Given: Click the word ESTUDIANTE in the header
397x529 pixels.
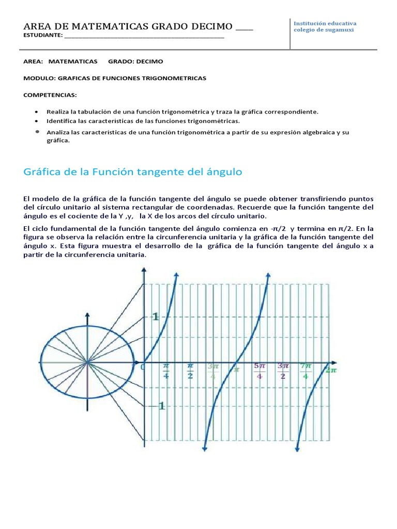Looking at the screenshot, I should tap(43, 36).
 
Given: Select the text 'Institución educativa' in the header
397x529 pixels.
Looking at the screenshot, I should tap(325, 23).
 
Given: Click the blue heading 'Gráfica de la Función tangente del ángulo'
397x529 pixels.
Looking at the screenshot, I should tap(133, 172).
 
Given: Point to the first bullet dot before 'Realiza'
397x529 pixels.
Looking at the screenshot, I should tap(36, 112).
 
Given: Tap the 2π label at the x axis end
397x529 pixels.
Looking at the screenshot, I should tap(331, 369).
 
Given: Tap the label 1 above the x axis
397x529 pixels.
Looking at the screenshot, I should tap(155, 317).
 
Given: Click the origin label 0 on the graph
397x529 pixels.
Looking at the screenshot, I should tap(143, 367).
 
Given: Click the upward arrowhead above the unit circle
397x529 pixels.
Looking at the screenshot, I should tap(88, 315).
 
